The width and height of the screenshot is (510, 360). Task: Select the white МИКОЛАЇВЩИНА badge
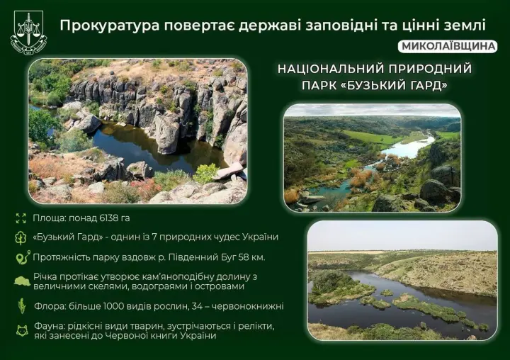click(x=448, y=46)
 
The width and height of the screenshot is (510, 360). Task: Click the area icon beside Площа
click(x=20, y=218)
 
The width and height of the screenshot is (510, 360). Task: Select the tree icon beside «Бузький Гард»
click(x=20, y=237)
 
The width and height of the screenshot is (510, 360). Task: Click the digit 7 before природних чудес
click(x=164, y=237)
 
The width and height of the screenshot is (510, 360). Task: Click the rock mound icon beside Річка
click(x=21, y=281)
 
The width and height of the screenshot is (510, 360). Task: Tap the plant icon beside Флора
click(x=21, y=308)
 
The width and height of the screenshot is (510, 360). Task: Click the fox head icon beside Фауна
click(x=21, y=330)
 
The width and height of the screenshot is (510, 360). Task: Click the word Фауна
click(x=49, y=325)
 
